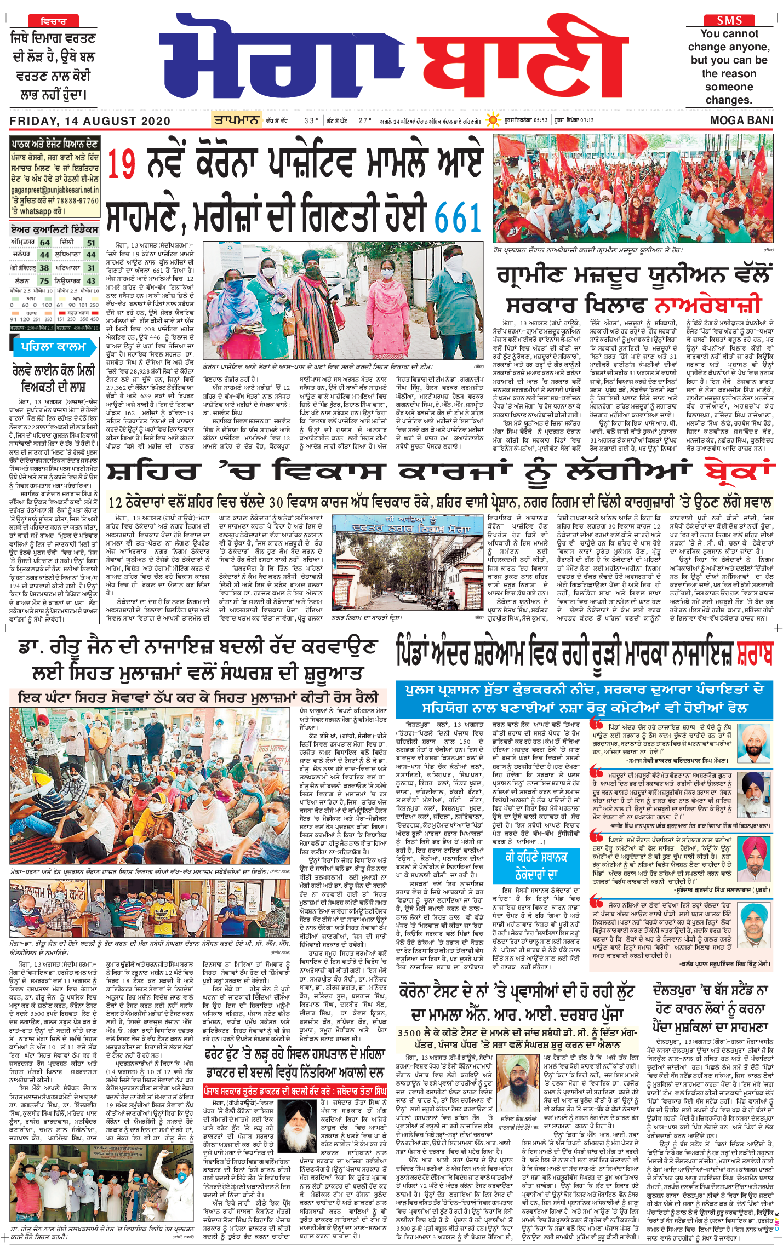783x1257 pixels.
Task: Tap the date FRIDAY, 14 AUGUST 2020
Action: [x=90, y=121]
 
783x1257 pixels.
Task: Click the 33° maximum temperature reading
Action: [x=311, y=120]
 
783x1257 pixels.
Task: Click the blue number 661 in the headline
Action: [x=459, y=217]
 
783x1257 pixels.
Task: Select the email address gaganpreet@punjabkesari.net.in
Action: [x=55, y=190]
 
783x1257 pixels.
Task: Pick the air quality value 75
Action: [x=44, y=280]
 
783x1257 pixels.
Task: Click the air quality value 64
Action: [x=44, y=243]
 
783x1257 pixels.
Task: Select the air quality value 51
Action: [x=91, y=243]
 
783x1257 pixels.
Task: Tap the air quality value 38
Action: [x=44, y=268]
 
